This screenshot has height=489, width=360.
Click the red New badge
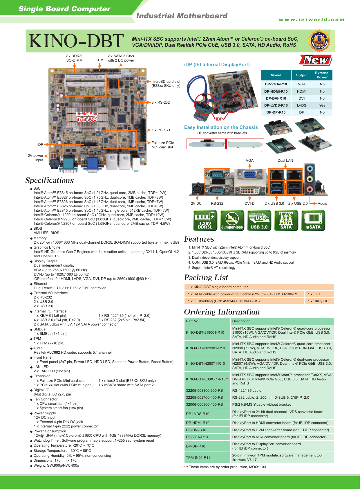click(316, 60)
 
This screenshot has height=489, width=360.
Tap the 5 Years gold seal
click(319, 41)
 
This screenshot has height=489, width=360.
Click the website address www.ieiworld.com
click(312, 20)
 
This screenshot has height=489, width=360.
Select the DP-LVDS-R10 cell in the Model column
click(276, 105)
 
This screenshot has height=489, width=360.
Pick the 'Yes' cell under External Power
click(322, 105)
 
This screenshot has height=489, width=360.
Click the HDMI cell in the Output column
click(301, 91)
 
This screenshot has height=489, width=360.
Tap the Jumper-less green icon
click(232, 221)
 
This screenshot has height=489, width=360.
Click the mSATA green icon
click(313, 221)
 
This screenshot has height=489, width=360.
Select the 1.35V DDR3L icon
click(205, 221)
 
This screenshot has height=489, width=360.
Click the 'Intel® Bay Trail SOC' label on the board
click(87, 116)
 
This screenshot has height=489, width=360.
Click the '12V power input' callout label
click(35, 158)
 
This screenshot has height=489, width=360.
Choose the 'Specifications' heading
click(50, 180)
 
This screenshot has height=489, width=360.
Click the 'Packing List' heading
click(206, 278)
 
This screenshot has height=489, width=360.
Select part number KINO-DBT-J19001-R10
click(205, 332)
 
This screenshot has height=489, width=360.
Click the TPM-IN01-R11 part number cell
click(198, 458)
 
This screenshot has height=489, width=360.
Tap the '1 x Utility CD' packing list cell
click(318, 301)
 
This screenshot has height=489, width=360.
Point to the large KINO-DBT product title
click(76, 41)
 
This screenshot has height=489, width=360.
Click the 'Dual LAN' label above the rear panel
click(285, 161)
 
